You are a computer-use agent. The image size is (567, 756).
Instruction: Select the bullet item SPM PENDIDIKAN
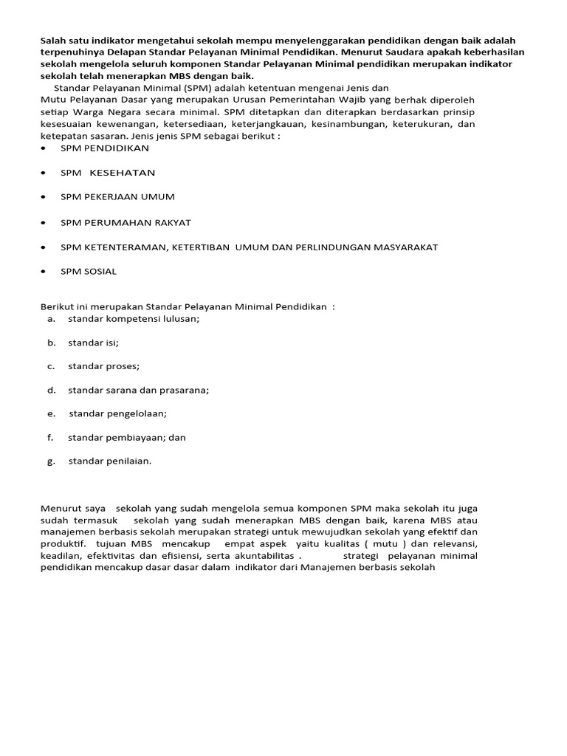pos(104,148)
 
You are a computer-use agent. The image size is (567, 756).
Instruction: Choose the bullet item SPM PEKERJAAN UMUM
pos(117,197)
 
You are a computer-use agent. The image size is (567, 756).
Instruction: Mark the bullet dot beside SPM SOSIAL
pos(45,272)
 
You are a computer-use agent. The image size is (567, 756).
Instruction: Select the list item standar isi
pos(93,343)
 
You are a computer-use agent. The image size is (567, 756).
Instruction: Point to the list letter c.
pos(50,366)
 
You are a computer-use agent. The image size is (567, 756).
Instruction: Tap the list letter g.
pos(50,461)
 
